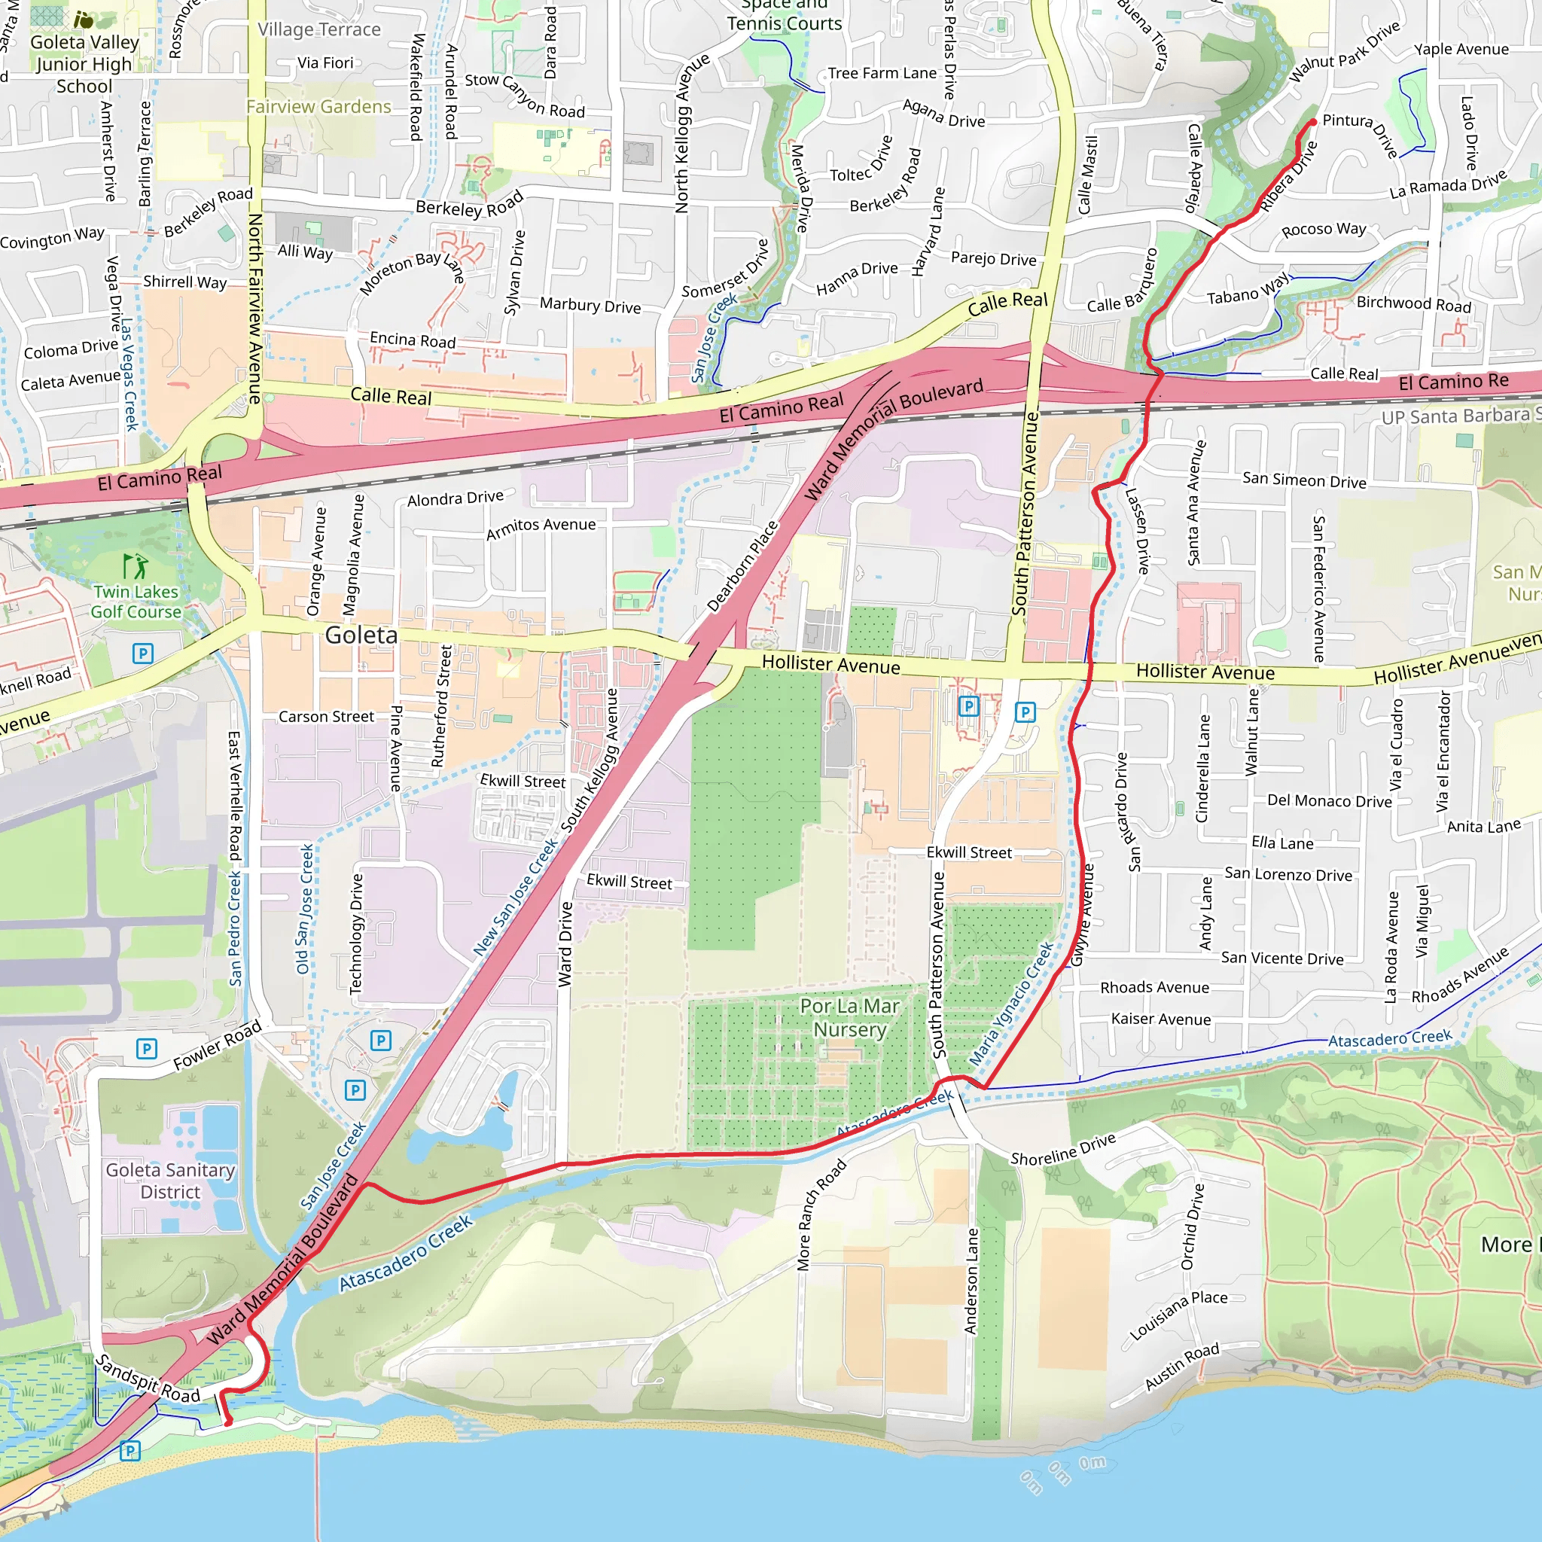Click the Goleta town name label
361,635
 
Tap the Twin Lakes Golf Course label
136,602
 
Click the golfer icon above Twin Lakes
135,566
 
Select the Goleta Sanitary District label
170,1181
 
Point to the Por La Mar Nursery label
849,1018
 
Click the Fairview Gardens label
318,107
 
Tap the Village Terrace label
318,29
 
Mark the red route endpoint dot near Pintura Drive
1313,122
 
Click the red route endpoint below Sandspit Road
228,1422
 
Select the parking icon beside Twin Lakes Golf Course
142,654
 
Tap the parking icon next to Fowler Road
146,1048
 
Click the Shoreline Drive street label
1062,1149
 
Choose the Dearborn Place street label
742,567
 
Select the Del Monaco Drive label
1329,800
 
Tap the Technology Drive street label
357,933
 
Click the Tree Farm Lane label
882,74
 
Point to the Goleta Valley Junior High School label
84,64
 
